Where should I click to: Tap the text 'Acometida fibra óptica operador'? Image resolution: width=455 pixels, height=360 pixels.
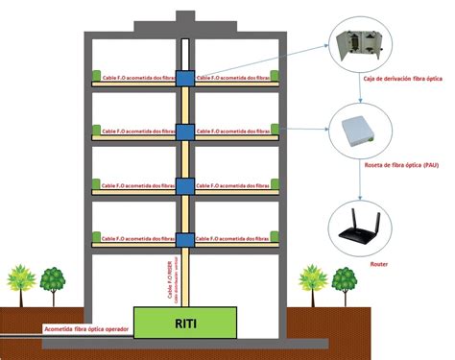(86, 327)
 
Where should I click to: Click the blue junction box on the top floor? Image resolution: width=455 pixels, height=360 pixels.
(183, 75)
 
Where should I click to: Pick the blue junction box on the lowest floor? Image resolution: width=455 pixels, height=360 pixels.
(183, 236)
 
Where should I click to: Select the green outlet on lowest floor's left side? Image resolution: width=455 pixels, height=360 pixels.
(95, 237)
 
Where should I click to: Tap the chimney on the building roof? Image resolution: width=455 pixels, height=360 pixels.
(183, 19)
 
